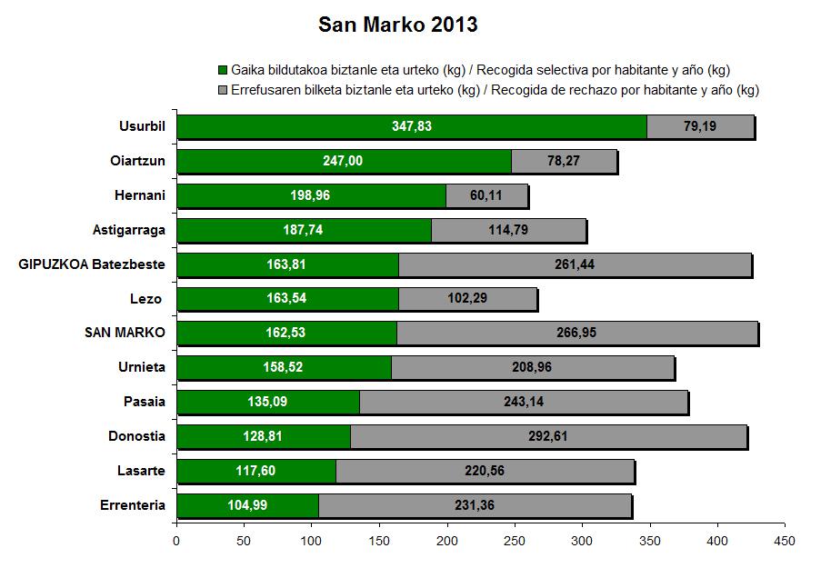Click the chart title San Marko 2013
click(397, 25)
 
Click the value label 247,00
click(343, 161)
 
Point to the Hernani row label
click(140, 195)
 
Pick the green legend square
click(224, 70)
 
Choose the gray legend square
click(224, 90)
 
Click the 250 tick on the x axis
click(515, 541)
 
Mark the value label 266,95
click(576, 333)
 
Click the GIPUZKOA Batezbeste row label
click(92, 264)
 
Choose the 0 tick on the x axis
click(176, 541)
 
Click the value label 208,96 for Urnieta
click(532, 367)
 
